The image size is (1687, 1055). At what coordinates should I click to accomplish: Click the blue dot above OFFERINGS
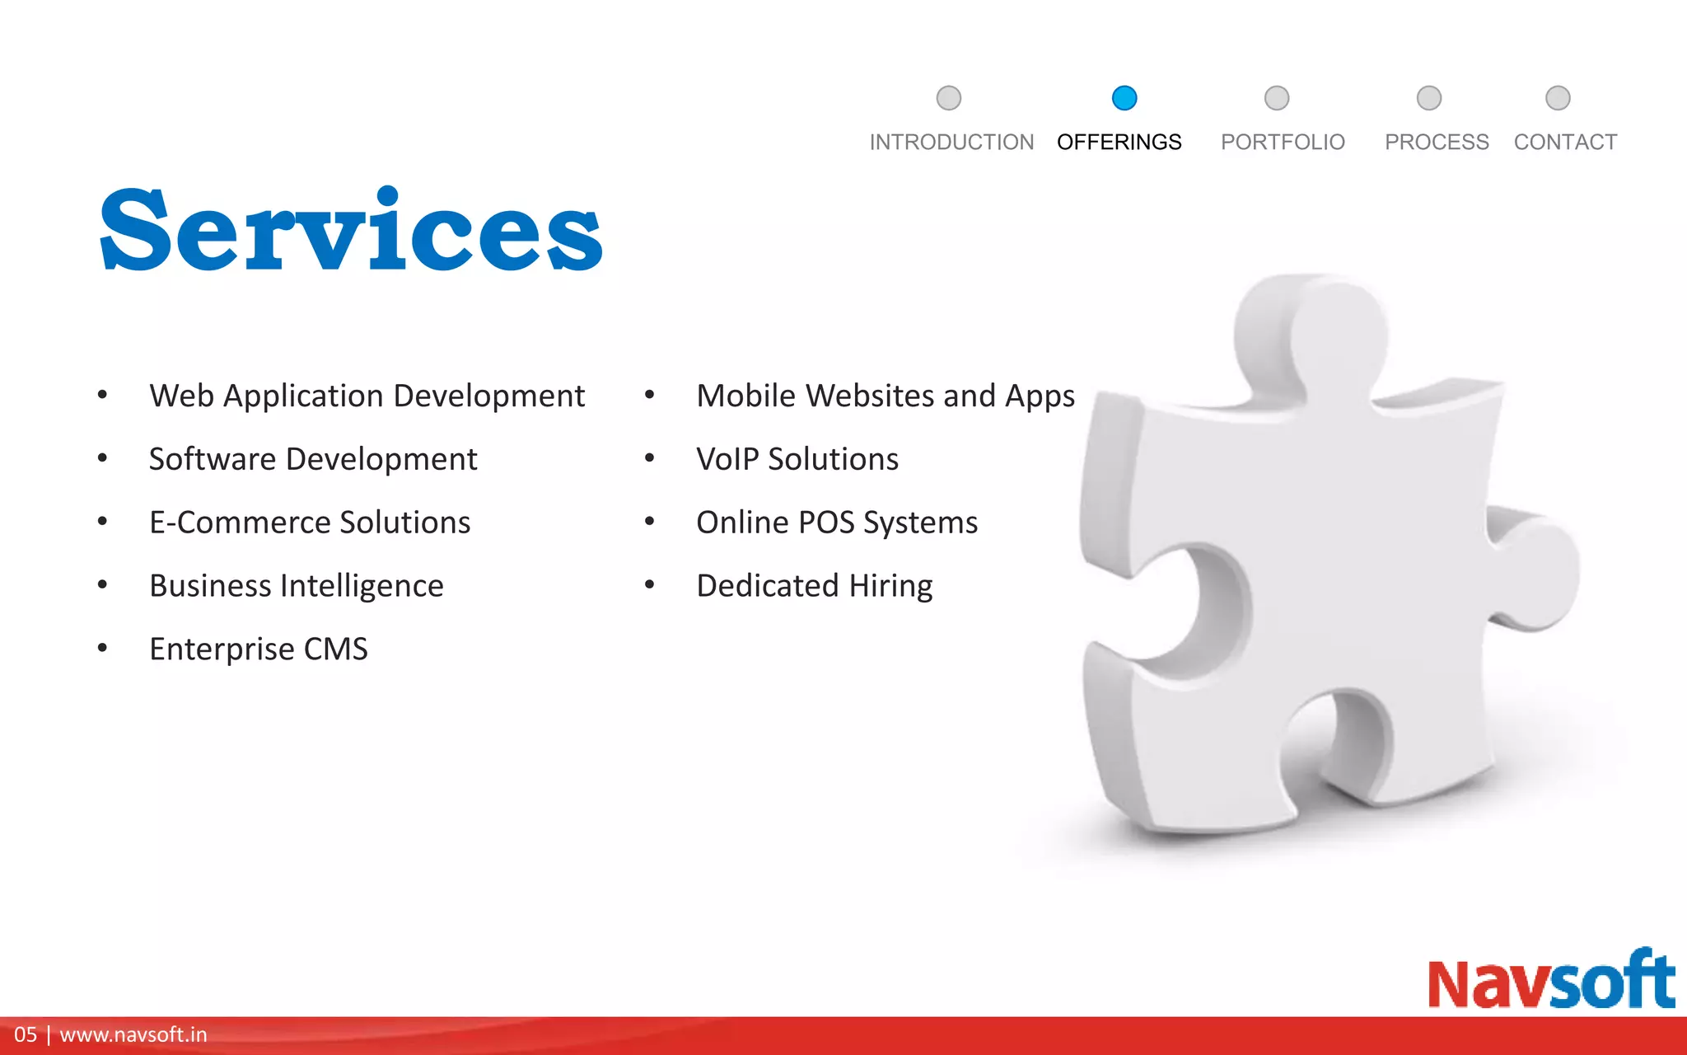(x=1124, y=98)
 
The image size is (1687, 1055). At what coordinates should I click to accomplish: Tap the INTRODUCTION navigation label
(x=951, y=143)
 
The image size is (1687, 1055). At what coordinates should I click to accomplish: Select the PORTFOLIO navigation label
(x=1283, y=143)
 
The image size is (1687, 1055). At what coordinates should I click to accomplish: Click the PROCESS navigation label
(x=1437, y=143)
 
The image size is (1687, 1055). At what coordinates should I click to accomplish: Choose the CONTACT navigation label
(x=1565, y=143)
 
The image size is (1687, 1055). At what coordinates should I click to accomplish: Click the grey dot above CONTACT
(x=1558, y=98)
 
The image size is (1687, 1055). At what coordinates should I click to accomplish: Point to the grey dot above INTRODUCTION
(x=949, y=98)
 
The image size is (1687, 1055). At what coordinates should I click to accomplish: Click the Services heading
(x=352, y=231)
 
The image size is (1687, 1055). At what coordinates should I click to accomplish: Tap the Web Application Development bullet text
(x=367, y=396)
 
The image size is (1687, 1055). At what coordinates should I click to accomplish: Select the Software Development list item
(x=313, y=459)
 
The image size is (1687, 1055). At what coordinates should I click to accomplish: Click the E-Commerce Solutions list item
(x=310, y=523)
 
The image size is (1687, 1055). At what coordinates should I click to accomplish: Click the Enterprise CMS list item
(x=259, y=649)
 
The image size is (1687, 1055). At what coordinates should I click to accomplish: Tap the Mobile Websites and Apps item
(x=886, y=396)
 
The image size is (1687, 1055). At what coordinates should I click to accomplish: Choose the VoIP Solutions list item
(x=797, y=459)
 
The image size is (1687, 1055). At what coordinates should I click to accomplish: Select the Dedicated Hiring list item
(x=815, y=586)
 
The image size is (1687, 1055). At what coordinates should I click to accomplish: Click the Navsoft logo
(x=1551, y=981)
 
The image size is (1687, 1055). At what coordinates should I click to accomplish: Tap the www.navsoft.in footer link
(x=133, y=1035)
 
